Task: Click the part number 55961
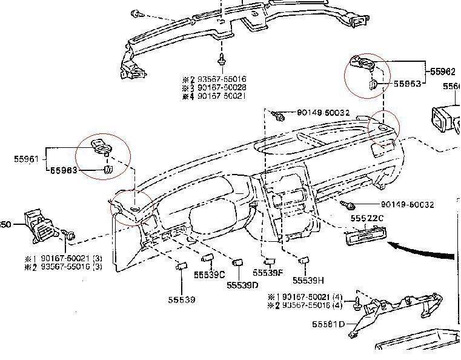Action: point(26,159)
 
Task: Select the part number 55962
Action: point(443,72)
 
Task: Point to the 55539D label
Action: point(243,285)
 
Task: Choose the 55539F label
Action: point(268,272)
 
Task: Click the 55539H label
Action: point(308,280)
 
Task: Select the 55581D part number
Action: point(328,324)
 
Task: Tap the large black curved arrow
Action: point(421,250)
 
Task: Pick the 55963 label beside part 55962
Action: point(407,84)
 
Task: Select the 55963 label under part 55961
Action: point(64,170)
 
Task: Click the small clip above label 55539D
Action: point(238,263)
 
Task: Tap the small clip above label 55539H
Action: point(304,260)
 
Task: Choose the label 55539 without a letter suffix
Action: point(182,299)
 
